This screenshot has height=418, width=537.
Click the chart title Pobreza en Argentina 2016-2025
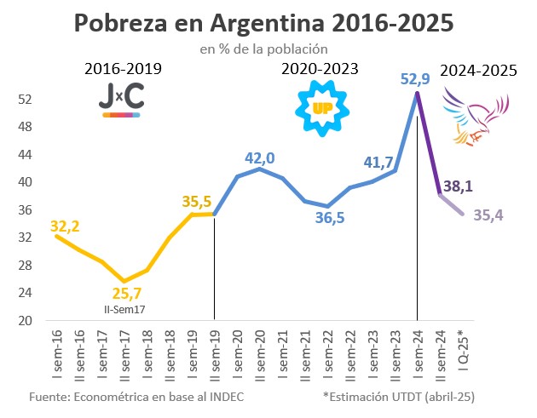[x=268, y=22]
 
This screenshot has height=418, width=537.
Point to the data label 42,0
[x=259, y=157]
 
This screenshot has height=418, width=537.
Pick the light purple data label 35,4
[x=488, y=215]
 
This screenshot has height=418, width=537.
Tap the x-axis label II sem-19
[x=214, y=354]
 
